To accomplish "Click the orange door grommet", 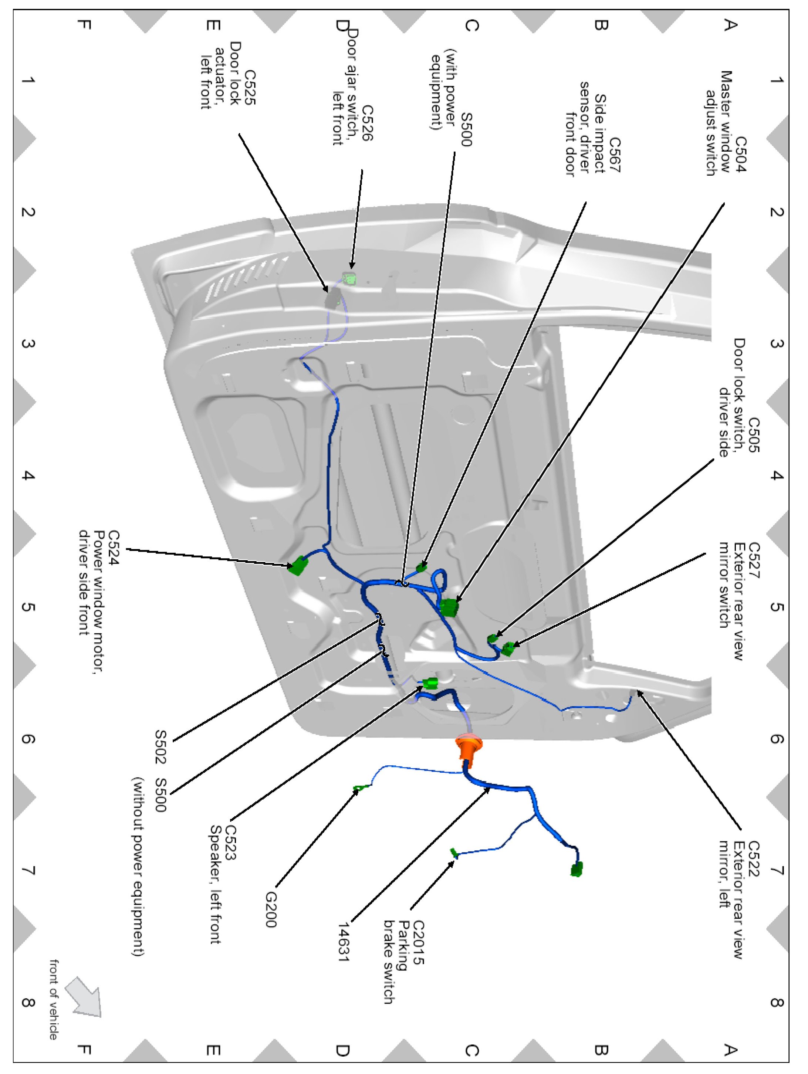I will coord(469,748).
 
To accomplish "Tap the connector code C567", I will coord(615,155).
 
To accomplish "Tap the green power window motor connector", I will coord(298,566).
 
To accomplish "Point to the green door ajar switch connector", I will coord(349,279).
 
